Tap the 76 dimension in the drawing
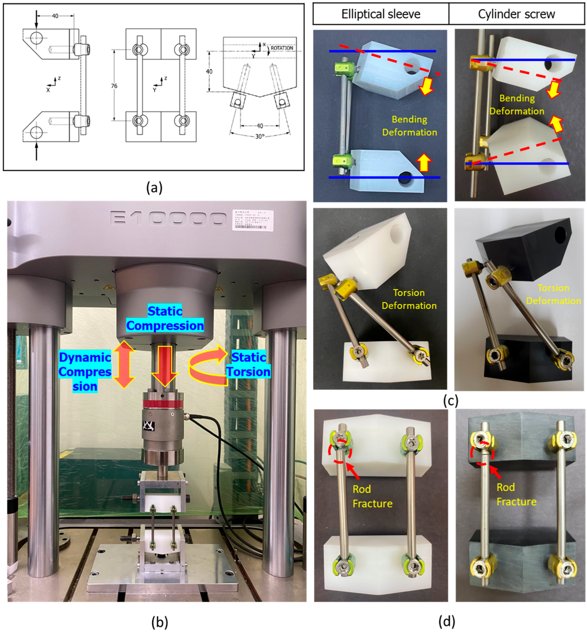114,86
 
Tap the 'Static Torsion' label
248,365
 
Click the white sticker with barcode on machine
254,219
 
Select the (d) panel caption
447,621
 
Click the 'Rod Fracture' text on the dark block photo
516,494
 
